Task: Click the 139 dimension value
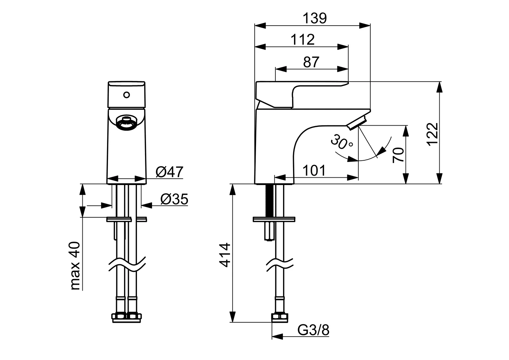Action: (x=315, y=18)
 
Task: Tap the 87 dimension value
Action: (x=311, y=62)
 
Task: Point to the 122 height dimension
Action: (x=432, y=134)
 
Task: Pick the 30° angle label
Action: (x=342, y=142)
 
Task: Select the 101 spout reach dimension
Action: (x=314, y=171)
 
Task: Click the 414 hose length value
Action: (x=226, y=255)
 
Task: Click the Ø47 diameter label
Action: (x=169, y=172)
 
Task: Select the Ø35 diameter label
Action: (x=174, y=199)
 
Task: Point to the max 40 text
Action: (x=76, y=266)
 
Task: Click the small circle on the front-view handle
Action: (x=126, y=95)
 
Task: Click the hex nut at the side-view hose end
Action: (x=279, y=317)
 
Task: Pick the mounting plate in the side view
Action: (x=274, y=219)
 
